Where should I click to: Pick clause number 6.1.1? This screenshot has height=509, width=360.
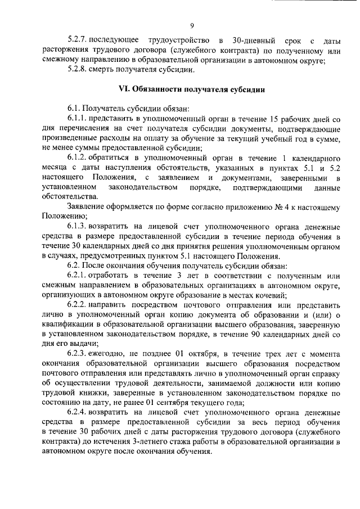(79, 119)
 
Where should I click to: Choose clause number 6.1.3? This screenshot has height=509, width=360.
(79, 226)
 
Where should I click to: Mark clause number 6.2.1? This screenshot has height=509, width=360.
(79, 274)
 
